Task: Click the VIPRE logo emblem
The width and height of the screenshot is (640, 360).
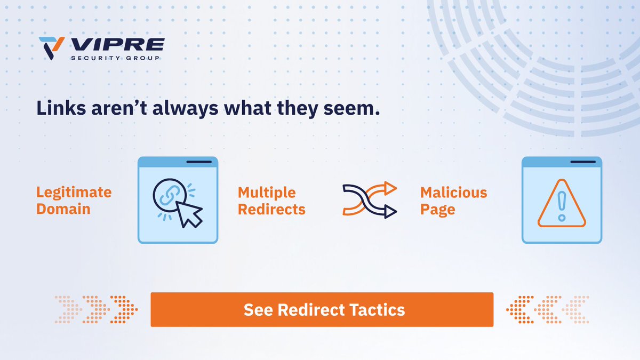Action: tap(52, 47)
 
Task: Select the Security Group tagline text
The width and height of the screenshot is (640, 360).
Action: tap(115, 58)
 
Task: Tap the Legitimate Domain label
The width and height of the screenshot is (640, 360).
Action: tap(74, 201)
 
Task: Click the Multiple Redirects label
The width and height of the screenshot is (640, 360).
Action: tap(271, 201)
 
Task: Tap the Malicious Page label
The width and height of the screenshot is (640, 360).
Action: tap(453, 201)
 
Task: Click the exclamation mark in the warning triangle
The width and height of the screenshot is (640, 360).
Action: tap(562, 205)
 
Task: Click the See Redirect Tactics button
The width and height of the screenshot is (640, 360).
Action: tap(322, 309)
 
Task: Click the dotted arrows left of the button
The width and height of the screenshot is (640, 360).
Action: tap(97, 309)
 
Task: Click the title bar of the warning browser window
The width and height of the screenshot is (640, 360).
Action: tap(562, 162)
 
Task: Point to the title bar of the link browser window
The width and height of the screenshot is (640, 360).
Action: tap(178, 162)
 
